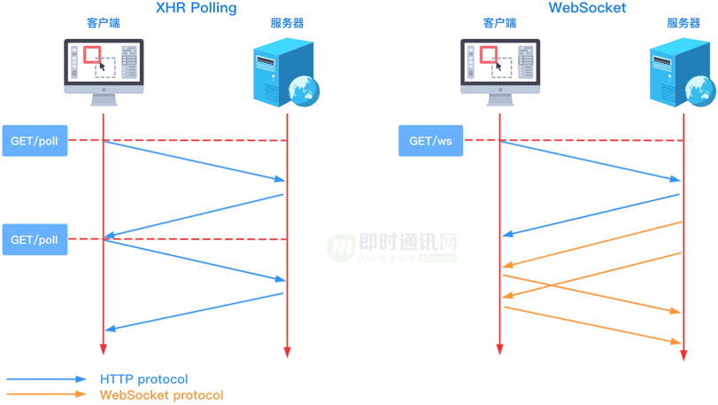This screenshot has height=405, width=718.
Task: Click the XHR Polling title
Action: pyautogui.click(x=196, y=8)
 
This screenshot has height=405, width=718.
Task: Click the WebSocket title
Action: pyautogui.click(x=587, y=8)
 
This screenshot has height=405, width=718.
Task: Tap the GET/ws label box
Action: pyautogui.click(x=430, y=141)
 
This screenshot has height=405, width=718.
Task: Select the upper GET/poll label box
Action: pyautogui.click(x=35, y=141)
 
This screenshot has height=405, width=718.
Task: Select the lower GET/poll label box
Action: pyautogui.click(x=35, y=239)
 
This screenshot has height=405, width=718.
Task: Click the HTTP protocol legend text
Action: pyautogui.click(x=144, y=379)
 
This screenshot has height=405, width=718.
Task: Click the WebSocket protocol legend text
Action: pyautogui.click(x=161, y=395)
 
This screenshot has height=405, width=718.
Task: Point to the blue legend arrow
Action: pyautogui.click(x=47, y=379)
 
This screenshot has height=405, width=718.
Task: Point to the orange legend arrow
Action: pyautogui.click(x=47, y=394)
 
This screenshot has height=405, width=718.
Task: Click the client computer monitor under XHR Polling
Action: pyautogui.click(x=104, y=67)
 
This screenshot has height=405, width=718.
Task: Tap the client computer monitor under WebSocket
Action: pyautogui.click(x=500, y=67)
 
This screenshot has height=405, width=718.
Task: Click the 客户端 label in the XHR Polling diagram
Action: pyautogui.click(x=103, y=24)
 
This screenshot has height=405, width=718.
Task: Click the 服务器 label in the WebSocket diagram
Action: pyautogui.click(x=683, y=24)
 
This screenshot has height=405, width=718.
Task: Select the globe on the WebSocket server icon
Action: pyautogui.click(x=701, y=90)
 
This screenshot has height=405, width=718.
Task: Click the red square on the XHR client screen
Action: pyautogui.click(x=91, y=55)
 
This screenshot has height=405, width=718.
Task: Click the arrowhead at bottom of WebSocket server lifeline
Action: pyautogui.click(x=683, y=355)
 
